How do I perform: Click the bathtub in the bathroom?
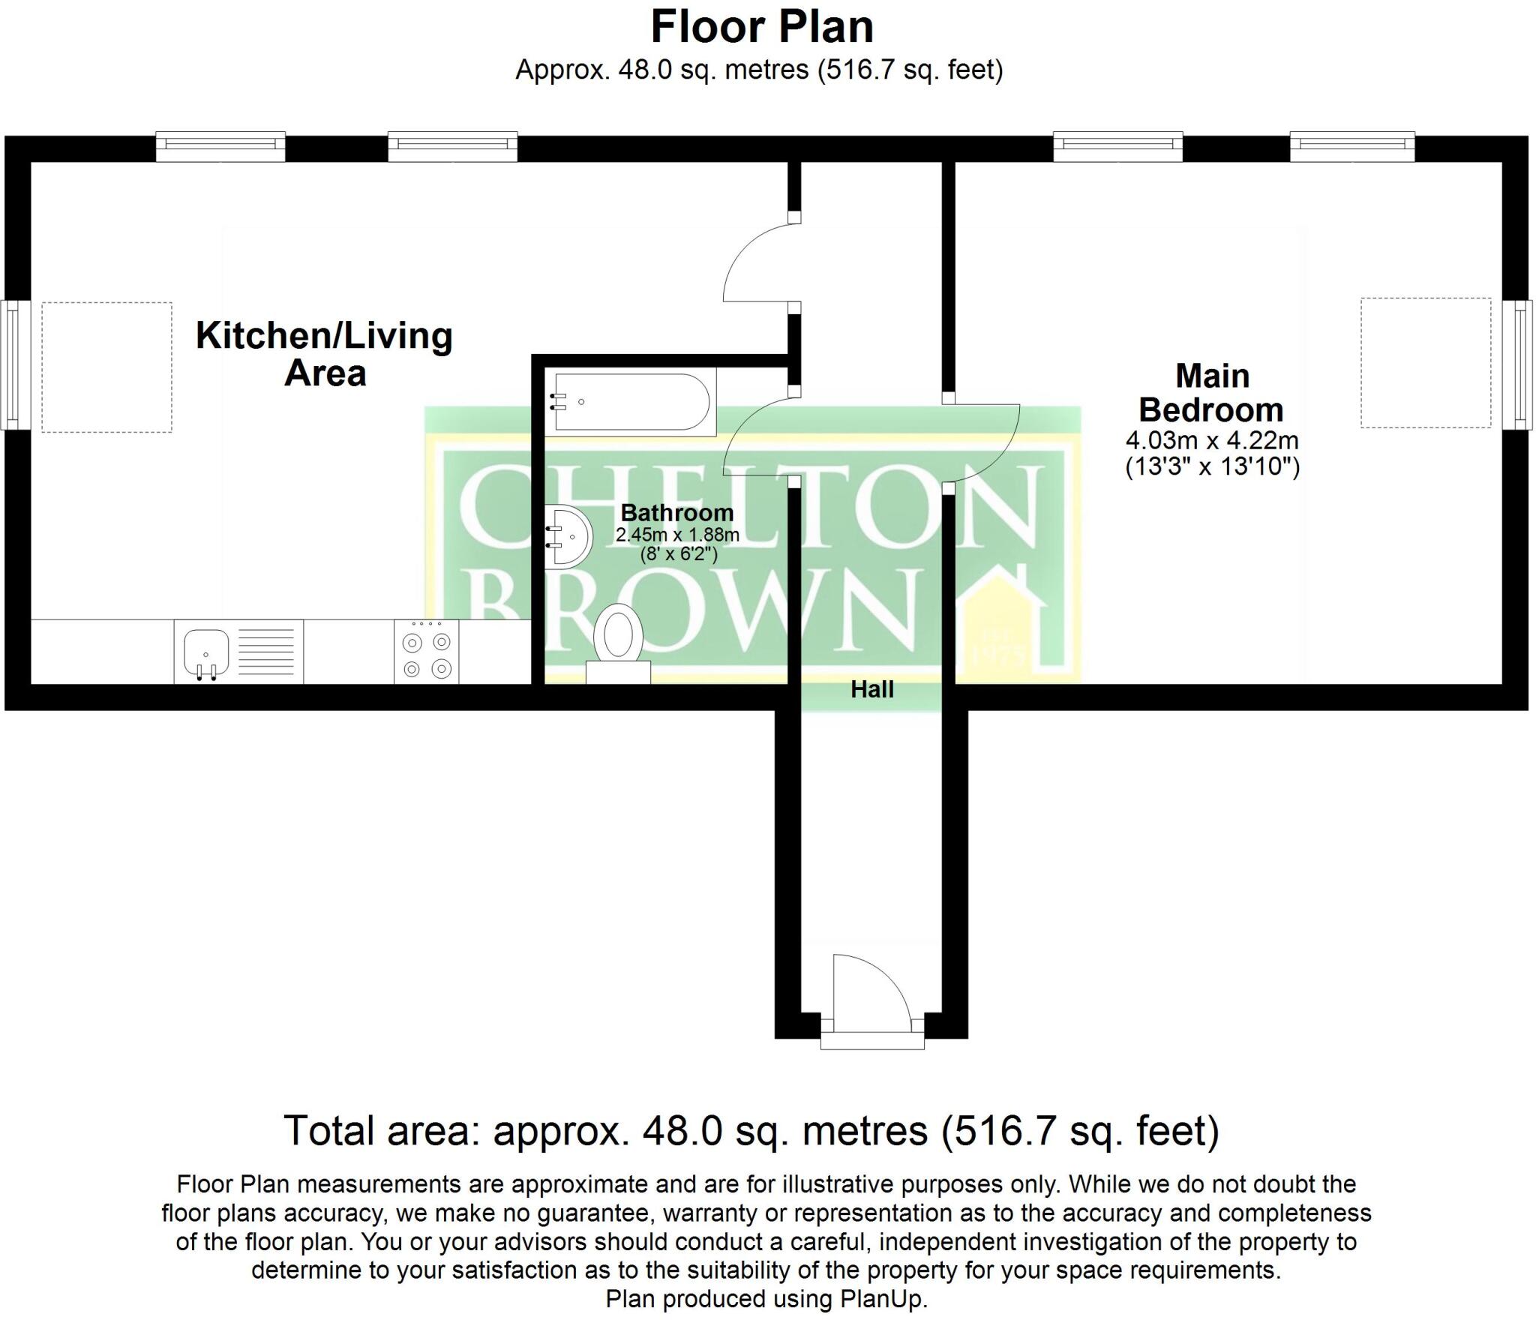(x=630, y=402)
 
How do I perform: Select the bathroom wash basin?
(x=568, y=535)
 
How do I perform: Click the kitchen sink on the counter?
(x=238, y=651)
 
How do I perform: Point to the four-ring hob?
(x=427, y=651)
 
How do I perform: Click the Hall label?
(x=872, y=689)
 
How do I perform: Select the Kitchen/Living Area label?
(x=325, y=354)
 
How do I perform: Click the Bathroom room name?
(x=677, y=513)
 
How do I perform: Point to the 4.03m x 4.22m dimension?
(x=1212, y=440)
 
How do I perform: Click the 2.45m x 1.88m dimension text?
(x=677, y=535)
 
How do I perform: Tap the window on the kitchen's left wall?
(x=16, y=364)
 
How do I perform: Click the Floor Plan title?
(x=762, y=28)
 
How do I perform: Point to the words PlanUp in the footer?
(x=886, y=1298)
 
